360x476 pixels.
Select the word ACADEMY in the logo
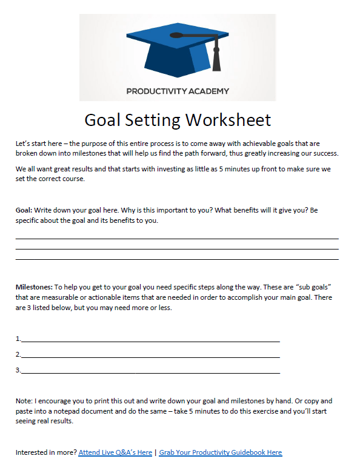click(x=207, y=91)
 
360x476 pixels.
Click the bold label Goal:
click(x=24, y=210)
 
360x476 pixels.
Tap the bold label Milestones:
click(x=34, y=286)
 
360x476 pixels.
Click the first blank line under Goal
click(x=177, y=239)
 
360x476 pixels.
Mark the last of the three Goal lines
click(x=177, y=259)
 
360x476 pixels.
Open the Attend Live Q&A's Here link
click(x=115, y=452)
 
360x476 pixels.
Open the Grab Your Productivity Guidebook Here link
click(x=221, y=452)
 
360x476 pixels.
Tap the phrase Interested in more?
click(x=46, y=452)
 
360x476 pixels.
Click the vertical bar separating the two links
click(x=156, y=452)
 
